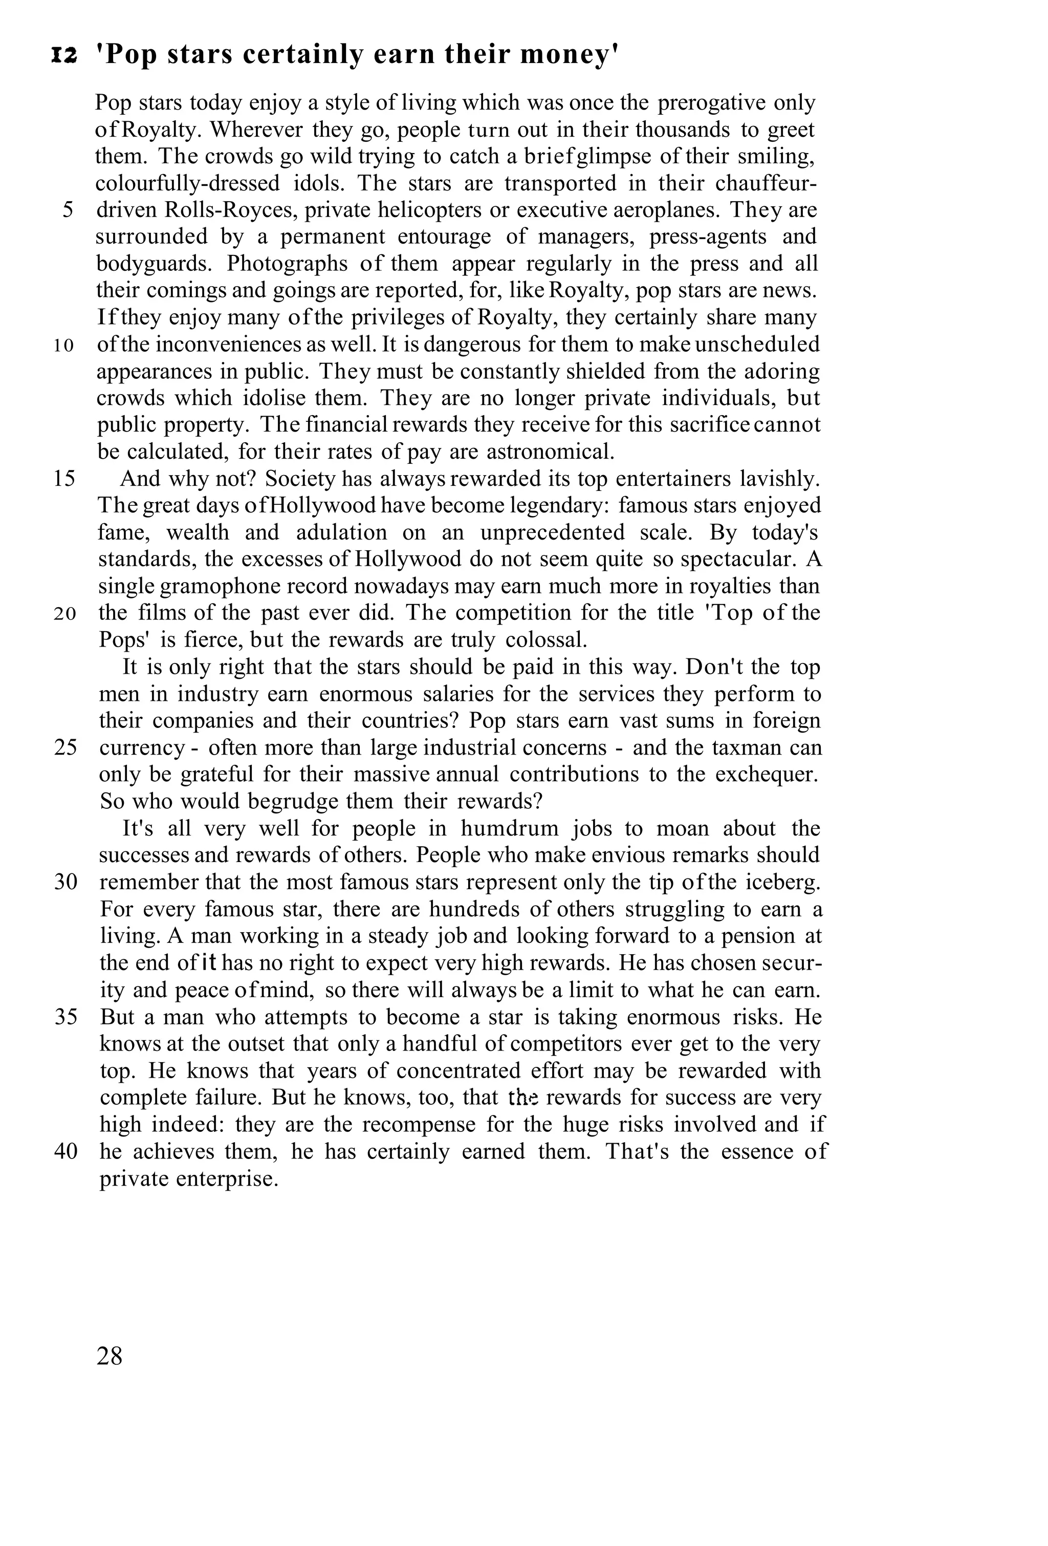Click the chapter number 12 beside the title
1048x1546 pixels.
coord(64,56)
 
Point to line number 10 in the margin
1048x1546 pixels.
coord(64,345)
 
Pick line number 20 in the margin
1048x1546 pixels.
coord(65,613)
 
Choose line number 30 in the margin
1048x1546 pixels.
coord(65,882)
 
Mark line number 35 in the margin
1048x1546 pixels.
coord(65,1017)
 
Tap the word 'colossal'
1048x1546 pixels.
coord(546,640)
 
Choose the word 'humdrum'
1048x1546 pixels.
coord(504,829)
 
